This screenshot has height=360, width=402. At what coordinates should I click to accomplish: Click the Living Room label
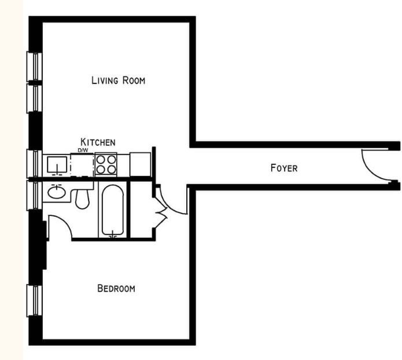click(x=118, y=80)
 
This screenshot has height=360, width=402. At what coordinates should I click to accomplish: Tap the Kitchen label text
click(x=98, y=142)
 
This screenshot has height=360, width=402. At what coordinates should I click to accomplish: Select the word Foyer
click(x=283, y=168)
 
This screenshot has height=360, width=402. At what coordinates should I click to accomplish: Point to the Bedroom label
click(x=116, y=288)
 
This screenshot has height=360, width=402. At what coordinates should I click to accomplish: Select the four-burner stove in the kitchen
click(x=106, y=164)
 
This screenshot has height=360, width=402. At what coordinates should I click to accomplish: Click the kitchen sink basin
click(x=57, y=165)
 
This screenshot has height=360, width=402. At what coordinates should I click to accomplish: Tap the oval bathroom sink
click(x=56, y=192)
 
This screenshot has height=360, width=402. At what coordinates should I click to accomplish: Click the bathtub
click(x=113, y=210)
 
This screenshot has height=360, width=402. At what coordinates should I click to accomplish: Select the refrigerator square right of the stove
click(x=140, y=164)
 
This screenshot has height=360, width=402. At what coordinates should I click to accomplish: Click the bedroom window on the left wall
click(x=35, y=300)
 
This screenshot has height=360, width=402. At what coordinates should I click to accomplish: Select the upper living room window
click(x=35, y=67)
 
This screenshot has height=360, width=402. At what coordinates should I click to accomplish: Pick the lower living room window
click(x=35, y=98)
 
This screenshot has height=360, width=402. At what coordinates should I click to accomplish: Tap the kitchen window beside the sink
click(x=35, y=163)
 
